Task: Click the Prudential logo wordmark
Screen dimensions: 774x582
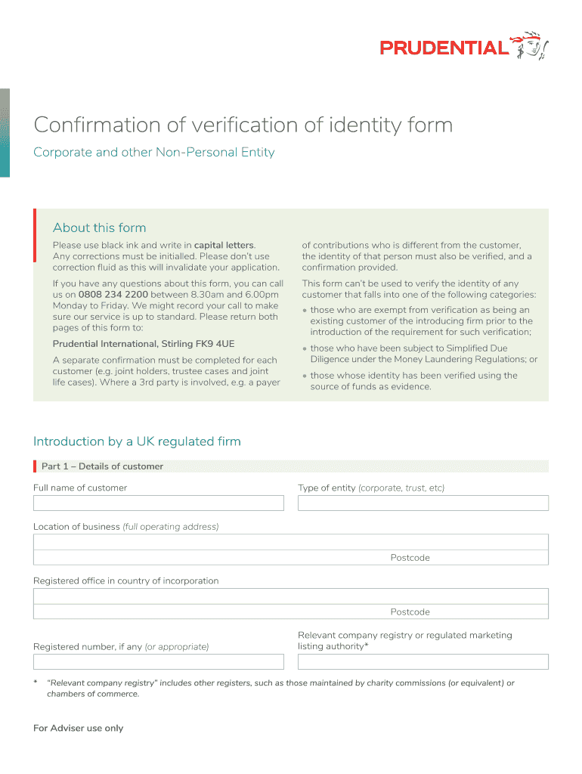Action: click(444, 48)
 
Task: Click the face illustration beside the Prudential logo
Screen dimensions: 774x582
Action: click(529, 46)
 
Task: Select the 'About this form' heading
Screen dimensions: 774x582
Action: click(99, 228)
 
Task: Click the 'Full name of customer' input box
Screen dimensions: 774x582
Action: click(158, 503)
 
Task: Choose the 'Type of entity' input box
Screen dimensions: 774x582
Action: click(423, 503)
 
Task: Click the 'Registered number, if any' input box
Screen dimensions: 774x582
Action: click(158, 662)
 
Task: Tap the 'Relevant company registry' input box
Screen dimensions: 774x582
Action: click(423, 662)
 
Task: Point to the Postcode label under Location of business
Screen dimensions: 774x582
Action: click(410, 558)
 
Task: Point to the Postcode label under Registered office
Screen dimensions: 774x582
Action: click(410, 612)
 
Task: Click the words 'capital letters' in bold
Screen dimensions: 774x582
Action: click(224, 245)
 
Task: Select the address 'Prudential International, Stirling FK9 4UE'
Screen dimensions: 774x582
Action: click(144, 344)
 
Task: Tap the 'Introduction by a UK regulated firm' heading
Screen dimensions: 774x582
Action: click(137, 441)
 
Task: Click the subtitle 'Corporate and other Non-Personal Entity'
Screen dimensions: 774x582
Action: click(153, 153)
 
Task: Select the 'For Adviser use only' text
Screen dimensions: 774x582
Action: click(78, 729)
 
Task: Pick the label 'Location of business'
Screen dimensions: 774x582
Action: click(76, 527)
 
